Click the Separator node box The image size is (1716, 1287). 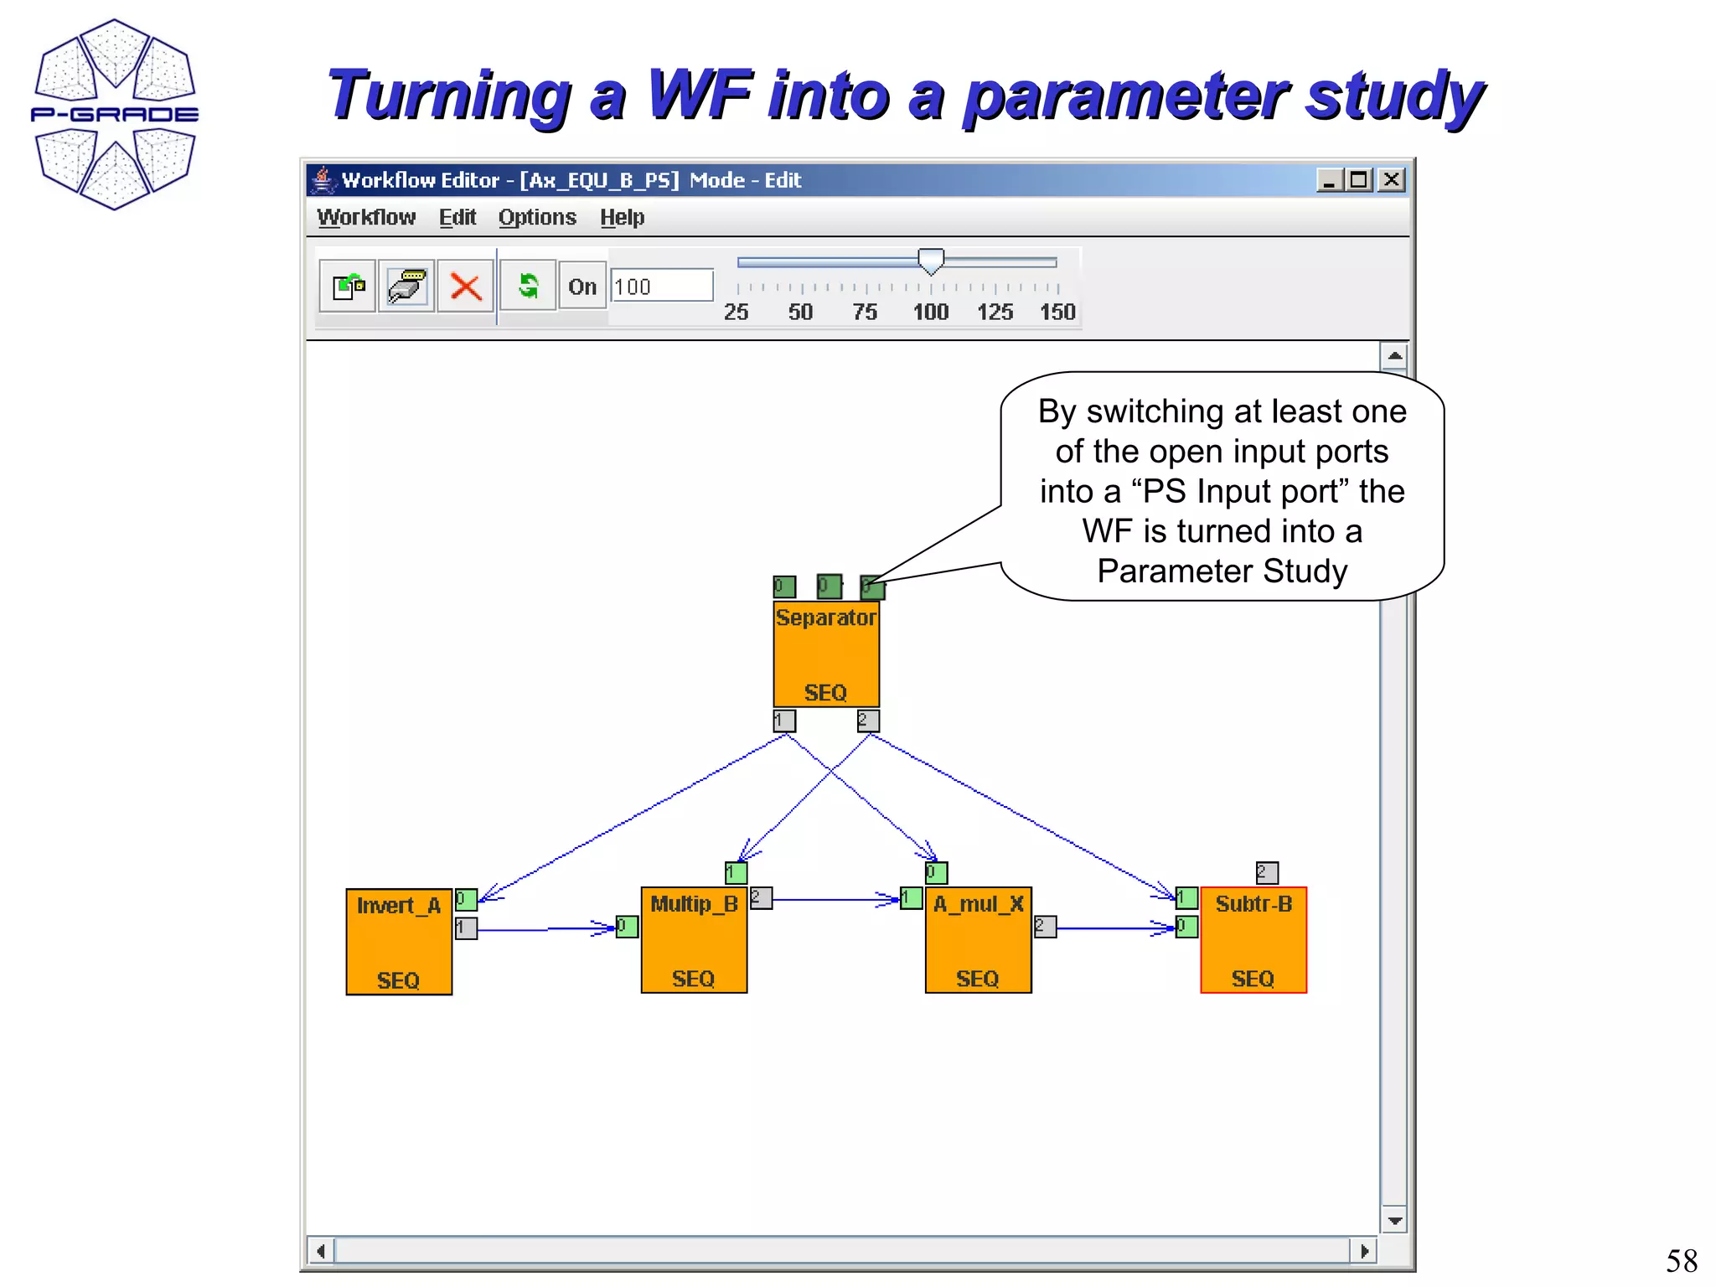tap(825, 654)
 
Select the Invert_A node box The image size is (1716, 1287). tap(399, 942)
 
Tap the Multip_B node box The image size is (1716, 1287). tap(694, 940)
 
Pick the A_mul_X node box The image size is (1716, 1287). tap(978, 940)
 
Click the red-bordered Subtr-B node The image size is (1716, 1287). tap(1253, 940)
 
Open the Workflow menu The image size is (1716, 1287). tap(366, 218)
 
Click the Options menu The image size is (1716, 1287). tap(537, 218)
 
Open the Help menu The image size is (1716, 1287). tap(622, 218)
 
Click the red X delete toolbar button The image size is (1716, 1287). tap(465, 287)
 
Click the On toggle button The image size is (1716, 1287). tap(582, 287)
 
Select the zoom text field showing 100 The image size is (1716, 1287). tap(662, 287)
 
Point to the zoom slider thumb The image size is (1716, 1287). tap(931, 261)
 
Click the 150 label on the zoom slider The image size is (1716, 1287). tap(1057, 313)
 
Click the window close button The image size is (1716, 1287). tap(1392, 180)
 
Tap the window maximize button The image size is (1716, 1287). tap(1359, 180)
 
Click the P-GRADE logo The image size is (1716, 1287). tap(115, 114)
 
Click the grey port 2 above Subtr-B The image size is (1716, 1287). tap(1267, 873)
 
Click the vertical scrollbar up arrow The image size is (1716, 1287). tap(1394, 356)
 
